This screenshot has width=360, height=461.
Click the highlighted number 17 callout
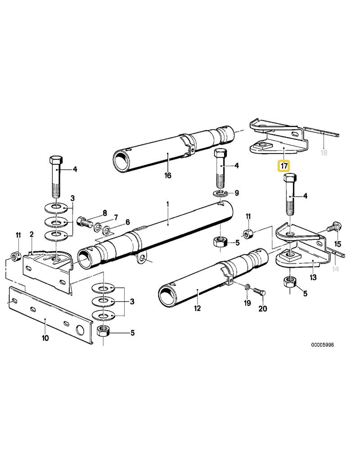(x=284, y=166)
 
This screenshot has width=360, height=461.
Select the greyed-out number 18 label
(x=323, y=153)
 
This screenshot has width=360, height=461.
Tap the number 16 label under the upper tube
(x=168, y=175)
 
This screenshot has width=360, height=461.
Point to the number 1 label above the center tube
(x=167, y=204)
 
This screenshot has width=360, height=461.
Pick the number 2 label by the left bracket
(x=31, y=234)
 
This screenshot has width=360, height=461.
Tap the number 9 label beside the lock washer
(x=236, y=194)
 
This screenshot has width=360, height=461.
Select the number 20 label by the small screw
(x=263, y=309)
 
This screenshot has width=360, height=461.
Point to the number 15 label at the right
(x=337, y=244)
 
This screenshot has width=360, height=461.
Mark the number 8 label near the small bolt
(x=104, y=212)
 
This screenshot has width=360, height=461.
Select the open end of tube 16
(x=121, y=160)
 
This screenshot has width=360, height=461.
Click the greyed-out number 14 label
(x=335, y=269)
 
